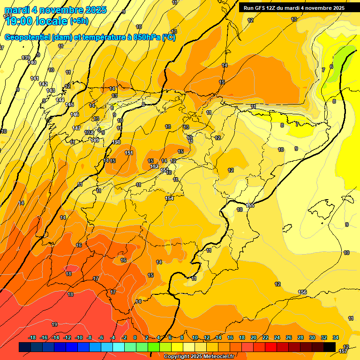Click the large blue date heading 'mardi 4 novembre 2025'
point(55,10)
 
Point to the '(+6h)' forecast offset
point(78,21)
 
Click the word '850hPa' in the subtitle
point(145,37)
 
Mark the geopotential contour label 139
point(26,58)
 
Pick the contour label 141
point(35,78)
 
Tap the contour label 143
point(51,90)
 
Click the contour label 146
point(75,114)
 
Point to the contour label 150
point(117,142)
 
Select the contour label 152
point(154,166)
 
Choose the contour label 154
point(169,198)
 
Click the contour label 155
point(250,205)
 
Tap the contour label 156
point(302,292)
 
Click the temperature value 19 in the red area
point(54,324)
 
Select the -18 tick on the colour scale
point(32,337)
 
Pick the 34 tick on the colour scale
point(336,337)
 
